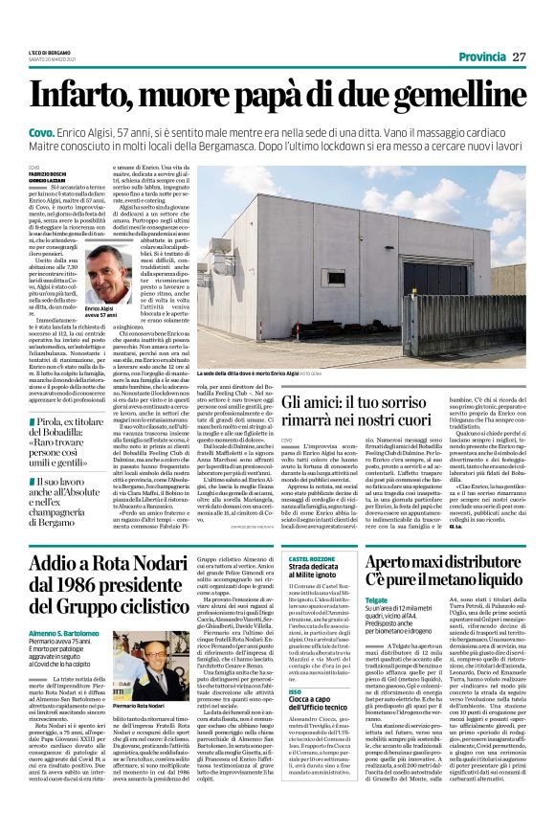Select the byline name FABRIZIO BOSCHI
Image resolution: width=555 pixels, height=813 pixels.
(51, 172)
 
